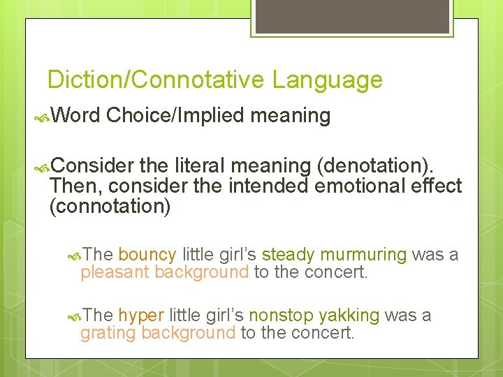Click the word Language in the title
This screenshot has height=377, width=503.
(x=328, y=80)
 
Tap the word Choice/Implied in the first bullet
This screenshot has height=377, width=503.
(x=176, y=115)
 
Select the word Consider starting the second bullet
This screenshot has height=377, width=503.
(x=92, y=165)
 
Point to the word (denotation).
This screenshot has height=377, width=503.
(x=379, y=165)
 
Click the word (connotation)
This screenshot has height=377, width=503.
(x=110, y=206)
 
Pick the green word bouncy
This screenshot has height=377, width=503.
(x=147, y=254)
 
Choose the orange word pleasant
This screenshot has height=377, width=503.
(x=115, y=272)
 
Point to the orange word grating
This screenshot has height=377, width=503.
(x=108, y=334)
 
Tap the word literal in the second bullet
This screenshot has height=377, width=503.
(x=200, y=165)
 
